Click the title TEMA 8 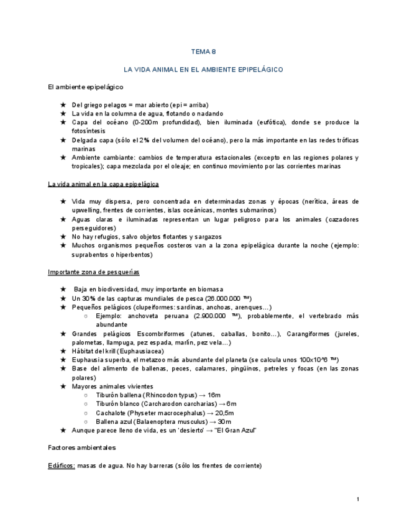point(203,52)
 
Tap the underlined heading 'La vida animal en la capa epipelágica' point(103,184)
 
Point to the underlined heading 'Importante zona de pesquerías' point(94,272)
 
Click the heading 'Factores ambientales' point(81,447)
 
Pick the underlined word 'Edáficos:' point(62,465)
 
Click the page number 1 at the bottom point(359,500)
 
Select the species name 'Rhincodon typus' point(171,395)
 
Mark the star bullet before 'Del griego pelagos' point(63,105)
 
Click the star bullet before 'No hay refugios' point(63,237)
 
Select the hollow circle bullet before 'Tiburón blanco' point(86,404)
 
